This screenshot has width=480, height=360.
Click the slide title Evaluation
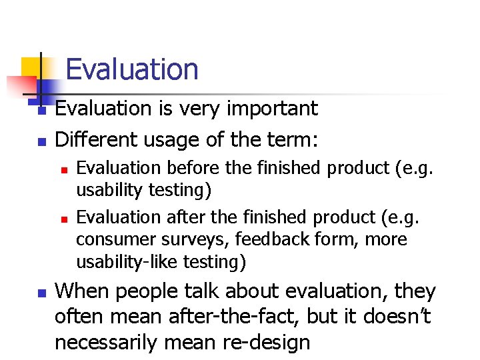point(132,69)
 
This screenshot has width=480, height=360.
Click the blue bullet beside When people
point(41,293)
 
